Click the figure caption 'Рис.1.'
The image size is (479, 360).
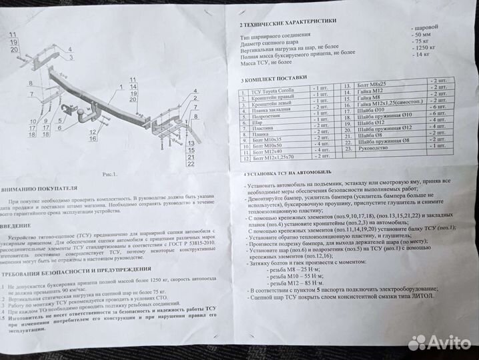pos(111,174)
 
